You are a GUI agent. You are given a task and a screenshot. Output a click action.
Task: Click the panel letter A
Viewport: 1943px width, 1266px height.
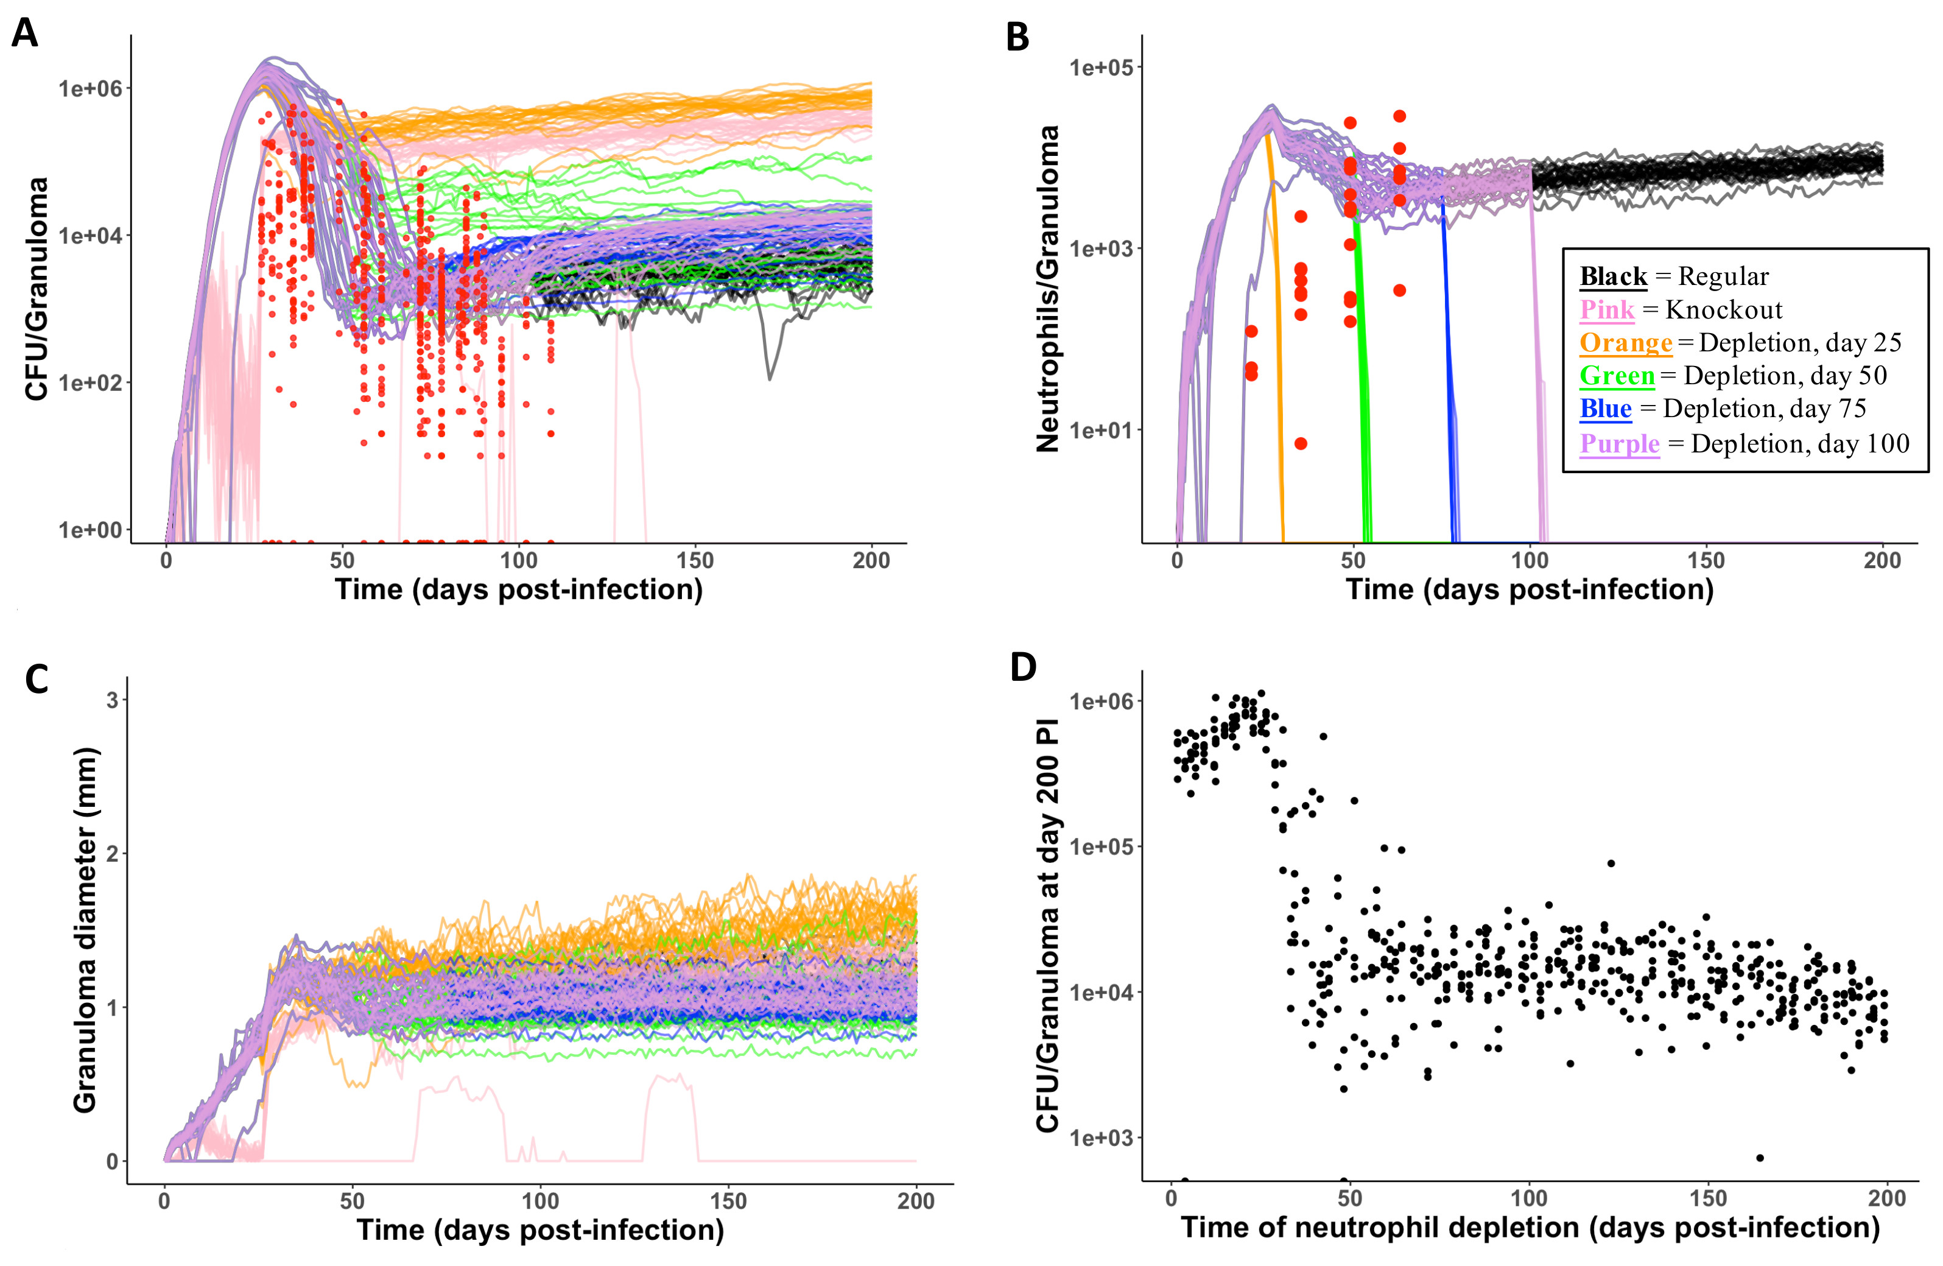(x=24, y=33)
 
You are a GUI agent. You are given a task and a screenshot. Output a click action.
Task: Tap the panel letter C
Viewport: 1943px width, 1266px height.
(x=37, y=679)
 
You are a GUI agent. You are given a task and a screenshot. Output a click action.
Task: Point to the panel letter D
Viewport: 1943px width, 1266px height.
(x=1024, y=667)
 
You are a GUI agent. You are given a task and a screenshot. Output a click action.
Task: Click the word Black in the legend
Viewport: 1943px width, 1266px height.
(x=1613, y=276)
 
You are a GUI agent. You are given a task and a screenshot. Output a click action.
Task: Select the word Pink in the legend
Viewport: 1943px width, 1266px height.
(x=1607, y=310)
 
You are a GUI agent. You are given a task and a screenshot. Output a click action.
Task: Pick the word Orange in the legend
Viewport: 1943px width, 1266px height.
(x=1625, y=343)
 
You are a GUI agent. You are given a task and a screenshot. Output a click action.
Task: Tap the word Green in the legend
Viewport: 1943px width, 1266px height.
(x=1617, y=376)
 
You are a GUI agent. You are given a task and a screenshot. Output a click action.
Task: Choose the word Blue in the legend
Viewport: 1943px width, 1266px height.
(x=1605, y=408)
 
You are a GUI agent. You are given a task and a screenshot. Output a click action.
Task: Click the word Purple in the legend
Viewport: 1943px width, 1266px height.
(x=1620, y=443)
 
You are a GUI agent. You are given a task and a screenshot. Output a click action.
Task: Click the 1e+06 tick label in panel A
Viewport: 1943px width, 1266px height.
(x=90, y=88)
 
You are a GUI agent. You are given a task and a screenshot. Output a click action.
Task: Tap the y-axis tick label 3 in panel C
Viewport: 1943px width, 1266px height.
(x=113, y=700)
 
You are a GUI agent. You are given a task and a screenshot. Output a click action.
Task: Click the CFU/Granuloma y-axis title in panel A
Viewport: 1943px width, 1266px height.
(x=37, y=290)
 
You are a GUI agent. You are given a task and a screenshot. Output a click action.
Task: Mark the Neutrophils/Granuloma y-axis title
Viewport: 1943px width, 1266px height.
(x=1047, y=290)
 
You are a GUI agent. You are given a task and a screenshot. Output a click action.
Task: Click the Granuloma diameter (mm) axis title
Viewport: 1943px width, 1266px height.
(x=85, y=930)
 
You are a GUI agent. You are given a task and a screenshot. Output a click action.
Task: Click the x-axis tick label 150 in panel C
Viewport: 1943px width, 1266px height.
(x=728, y=1201)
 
